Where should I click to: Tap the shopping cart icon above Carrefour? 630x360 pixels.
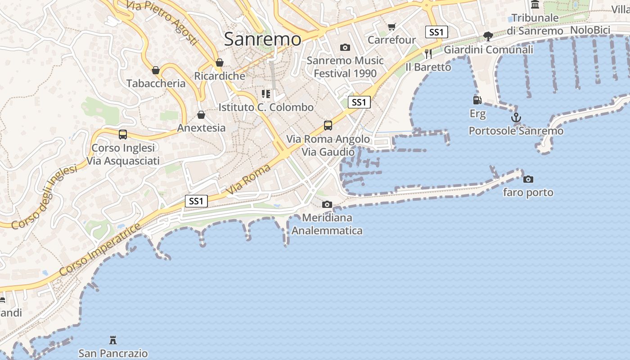pos(391,27)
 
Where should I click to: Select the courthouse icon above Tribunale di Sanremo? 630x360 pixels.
pos(535,4)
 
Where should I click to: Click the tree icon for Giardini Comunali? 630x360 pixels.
pos(488,36)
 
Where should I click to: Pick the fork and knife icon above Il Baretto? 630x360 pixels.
pos(428,54)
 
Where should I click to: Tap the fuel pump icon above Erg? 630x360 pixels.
pos(477,100)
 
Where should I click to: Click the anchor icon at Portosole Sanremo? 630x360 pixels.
pos(516,118)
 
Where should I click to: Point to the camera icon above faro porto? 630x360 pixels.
pos(528,180)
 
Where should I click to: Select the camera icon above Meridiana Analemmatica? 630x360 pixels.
pos(327,205)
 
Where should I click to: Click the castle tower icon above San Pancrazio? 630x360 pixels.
pos(113,340)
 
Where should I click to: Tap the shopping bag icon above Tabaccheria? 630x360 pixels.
pos(156,70)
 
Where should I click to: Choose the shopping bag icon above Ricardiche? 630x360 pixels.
pos(220,63)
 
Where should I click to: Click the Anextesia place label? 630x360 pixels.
pos(201,128)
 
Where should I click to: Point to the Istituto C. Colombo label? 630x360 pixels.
pos(266,108)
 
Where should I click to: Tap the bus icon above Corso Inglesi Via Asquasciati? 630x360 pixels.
pos(122,135)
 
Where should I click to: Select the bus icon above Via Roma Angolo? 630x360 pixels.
pos(328,126)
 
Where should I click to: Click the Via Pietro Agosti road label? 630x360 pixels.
pos(162,21)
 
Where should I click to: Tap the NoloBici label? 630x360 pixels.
pos(590,30)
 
